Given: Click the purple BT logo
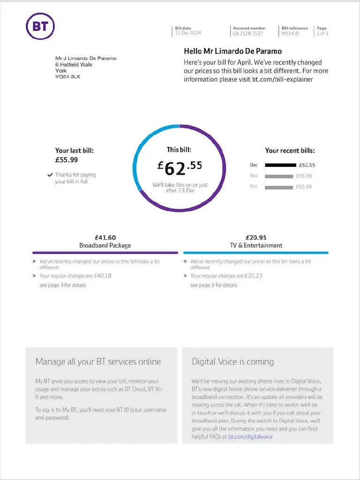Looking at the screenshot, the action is [x=40, y=26].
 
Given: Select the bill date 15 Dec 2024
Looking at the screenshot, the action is [x=188, y=33].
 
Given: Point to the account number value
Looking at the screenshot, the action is [x=247, y=34].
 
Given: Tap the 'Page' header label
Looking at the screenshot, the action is [x=322, y=28].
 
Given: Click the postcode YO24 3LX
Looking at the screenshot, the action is [x=67, y=77].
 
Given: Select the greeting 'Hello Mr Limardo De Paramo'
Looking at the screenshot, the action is [x=232, y=51].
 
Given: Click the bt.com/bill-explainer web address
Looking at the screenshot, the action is [x=282, y=80].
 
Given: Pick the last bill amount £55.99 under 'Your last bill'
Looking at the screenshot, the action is [x=67, y=160].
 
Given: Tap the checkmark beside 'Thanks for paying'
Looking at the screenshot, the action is [x=50, y=175].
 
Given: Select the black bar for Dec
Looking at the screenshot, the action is [x=280, y=165].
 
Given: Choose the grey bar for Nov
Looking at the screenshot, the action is [x=279, y=176].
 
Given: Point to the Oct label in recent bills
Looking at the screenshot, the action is [x=253, y=186].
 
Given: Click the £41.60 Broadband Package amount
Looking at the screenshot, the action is [x=105, y=238].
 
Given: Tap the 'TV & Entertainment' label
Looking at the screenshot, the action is [x=256, y=246].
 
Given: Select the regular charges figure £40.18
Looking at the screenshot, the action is [x=103, y=276].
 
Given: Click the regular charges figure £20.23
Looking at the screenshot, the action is [x=253, y=276].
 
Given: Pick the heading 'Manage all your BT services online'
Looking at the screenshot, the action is [x=98, y=361].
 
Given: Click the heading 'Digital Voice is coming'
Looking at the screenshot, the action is [x=232, y=362].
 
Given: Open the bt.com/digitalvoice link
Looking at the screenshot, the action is [x=250, y=437].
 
